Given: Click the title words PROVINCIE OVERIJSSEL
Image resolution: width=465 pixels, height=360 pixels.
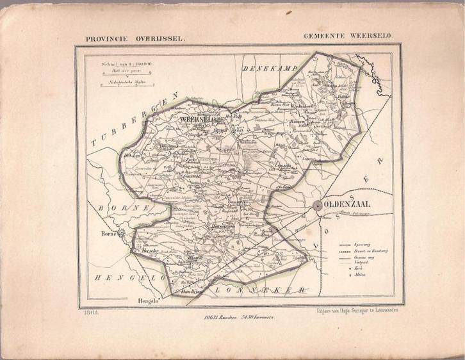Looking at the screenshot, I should (135, 38).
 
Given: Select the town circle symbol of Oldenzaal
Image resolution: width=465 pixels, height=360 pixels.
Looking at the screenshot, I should (318, 206).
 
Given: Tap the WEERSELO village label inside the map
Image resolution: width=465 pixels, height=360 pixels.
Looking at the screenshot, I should (199, 119).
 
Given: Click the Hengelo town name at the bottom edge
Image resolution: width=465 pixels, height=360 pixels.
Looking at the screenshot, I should (147, 300).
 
